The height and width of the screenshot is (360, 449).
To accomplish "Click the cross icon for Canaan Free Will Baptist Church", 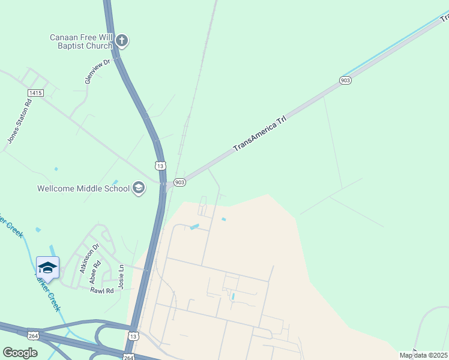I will point(122,41).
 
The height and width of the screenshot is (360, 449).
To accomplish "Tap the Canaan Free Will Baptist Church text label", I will point(81,41).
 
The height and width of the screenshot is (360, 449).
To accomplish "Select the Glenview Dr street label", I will point(100,71).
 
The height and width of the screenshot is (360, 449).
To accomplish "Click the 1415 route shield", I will point(35,93).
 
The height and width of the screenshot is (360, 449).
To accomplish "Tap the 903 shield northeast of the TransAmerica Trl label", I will point(345,80).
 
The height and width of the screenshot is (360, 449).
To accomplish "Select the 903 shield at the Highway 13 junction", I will point(179,182).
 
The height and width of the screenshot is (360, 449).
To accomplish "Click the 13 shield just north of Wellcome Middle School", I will point(159,166).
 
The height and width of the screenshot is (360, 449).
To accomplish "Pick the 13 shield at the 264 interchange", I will point(134,336).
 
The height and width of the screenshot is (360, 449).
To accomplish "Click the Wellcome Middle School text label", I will point(83,188).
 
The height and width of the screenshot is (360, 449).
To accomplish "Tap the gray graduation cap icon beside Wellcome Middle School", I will point(139,188).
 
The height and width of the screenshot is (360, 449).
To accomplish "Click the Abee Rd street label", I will point(93,275).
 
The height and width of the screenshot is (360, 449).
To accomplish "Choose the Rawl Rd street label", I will point(101,290).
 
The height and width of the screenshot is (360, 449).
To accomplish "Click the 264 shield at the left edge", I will point(33,335).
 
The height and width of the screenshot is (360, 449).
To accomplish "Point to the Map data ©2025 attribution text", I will point(423,355).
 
